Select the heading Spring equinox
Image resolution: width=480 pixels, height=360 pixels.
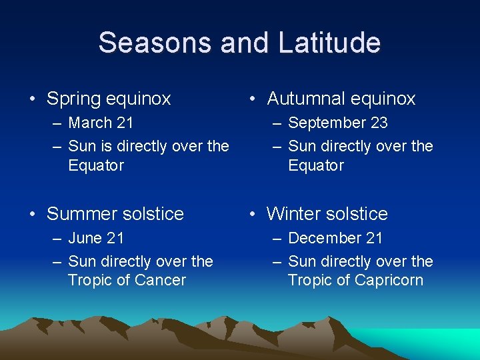point(109,99)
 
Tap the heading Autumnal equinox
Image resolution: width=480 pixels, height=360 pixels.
point(341,99)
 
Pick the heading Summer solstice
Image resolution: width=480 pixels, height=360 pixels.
point(115,214)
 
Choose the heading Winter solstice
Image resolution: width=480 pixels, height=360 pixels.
point(327,214)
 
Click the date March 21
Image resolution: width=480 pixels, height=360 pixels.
point(101,123)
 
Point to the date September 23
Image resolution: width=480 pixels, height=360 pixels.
point(337,123)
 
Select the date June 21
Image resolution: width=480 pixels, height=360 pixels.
point(96,238)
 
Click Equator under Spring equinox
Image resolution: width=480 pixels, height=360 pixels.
point(96,165)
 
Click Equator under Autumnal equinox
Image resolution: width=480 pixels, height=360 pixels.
point(316,165)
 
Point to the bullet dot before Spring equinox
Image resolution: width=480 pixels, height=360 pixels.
point(33,100)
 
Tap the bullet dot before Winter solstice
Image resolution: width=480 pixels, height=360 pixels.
point(253,215)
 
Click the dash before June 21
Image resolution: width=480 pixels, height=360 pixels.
point(56,239)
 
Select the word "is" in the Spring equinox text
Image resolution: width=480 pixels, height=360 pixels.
point(107,146)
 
